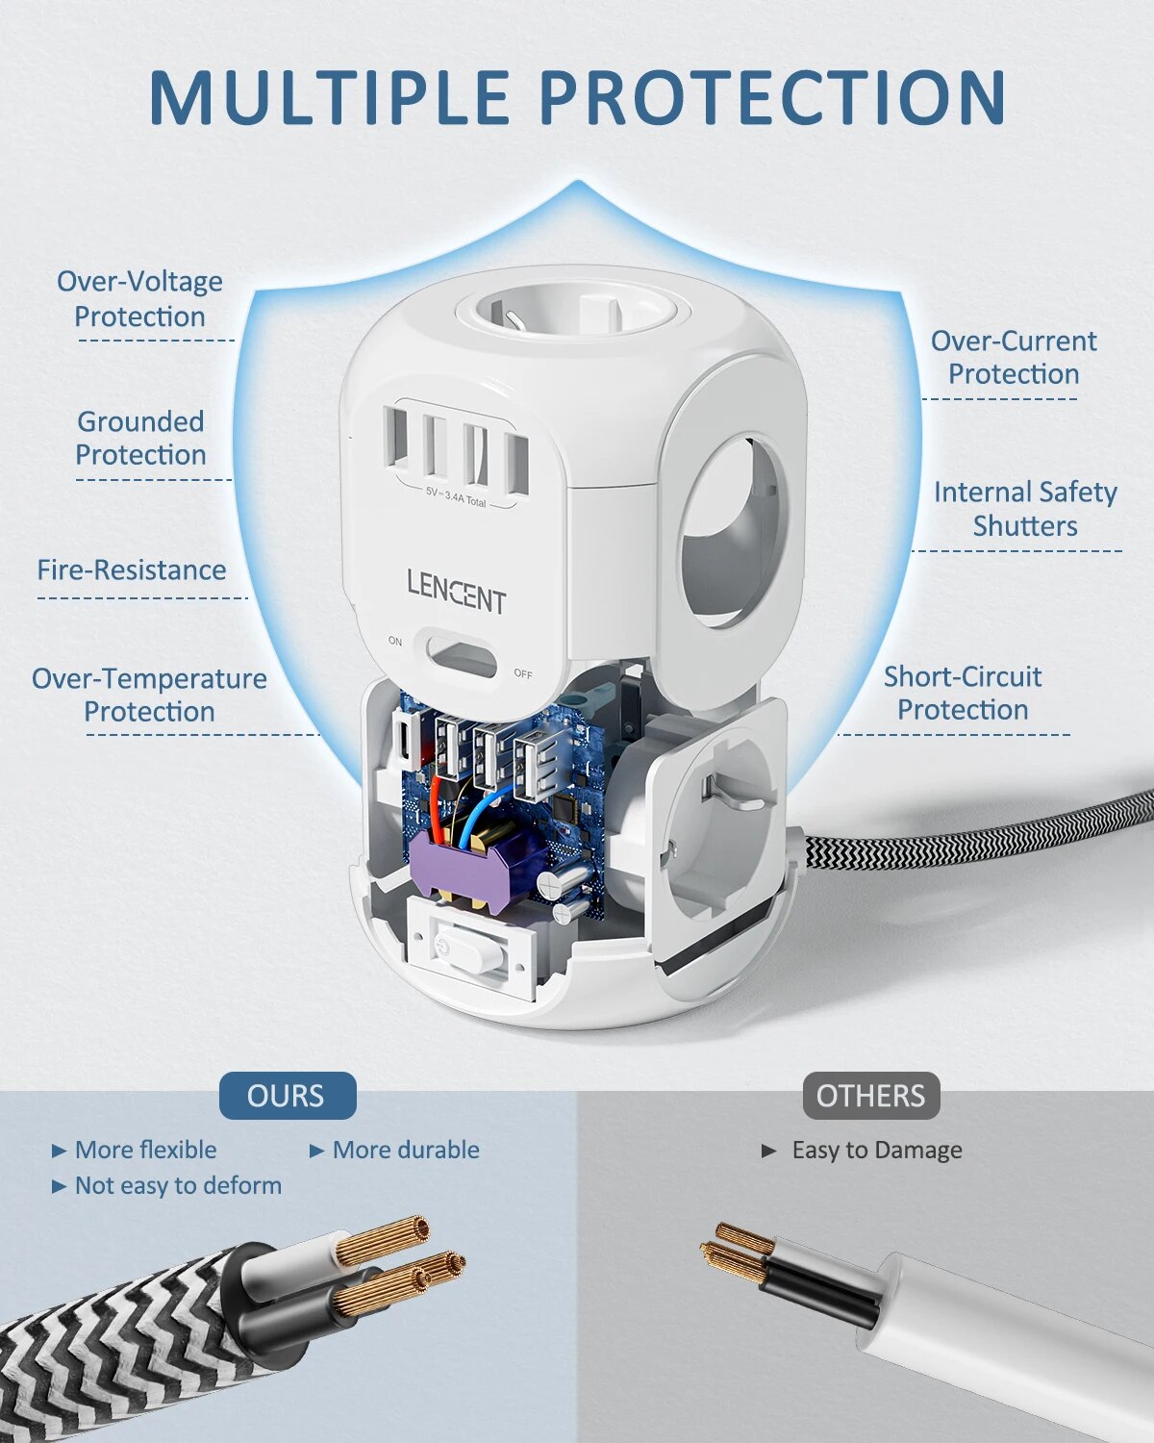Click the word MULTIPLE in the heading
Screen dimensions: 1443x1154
click(330, 96)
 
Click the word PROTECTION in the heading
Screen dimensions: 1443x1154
click(772, 96)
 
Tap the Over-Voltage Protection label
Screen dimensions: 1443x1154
click(139, 298)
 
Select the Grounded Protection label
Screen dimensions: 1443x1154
click(140, 438)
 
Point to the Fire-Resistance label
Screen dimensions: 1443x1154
click(132, 570)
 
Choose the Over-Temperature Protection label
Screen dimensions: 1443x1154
click(149, 695)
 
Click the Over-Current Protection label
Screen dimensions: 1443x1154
click(1014, 357)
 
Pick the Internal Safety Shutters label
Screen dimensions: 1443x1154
click(1025, 509)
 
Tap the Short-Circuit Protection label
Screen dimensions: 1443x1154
click(963, 693)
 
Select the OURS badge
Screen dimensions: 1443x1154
click(287, 1096)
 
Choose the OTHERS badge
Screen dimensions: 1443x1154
click(870, 1096)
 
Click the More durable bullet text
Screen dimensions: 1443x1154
click(405, 1150)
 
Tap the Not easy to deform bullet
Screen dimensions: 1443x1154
click(178, 1185)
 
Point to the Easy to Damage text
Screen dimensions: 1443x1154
click(876, 1150)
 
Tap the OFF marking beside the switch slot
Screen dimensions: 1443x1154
click(522, 673)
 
